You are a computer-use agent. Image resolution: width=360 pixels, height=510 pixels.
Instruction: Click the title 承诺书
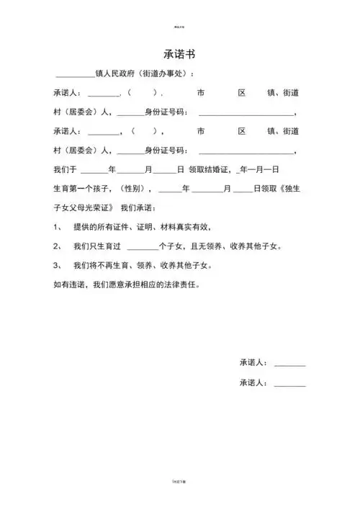point(179,55)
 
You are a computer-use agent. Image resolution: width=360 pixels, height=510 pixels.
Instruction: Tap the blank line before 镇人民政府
point(75,75)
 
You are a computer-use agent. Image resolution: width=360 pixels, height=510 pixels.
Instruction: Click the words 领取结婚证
point(210,170)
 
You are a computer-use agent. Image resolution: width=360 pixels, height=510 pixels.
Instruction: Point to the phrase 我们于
point(66,170)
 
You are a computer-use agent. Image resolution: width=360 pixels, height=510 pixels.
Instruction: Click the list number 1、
point(58,228)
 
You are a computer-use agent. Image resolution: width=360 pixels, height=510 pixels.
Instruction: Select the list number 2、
point(58,246)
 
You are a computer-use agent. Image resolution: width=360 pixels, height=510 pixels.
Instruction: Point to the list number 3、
point(58,265)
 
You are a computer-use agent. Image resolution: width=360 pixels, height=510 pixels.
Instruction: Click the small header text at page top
point(179,27)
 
